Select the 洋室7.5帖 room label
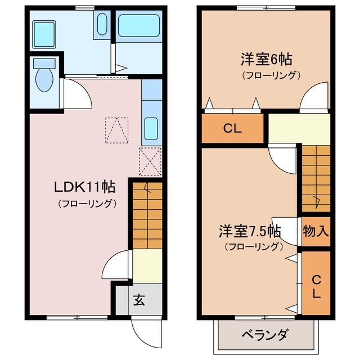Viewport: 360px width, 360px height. [250, 231]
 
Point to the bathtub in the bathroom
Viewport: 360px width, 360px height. [139, 26]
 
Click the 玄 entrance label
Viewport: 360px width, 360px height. [139, 300]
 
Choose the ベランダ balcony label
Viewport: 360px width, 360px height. [265, 336]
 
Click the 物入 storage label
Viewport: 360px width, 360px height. [316, 231]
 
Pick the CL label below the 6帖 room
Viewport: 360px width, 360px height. [232, 128]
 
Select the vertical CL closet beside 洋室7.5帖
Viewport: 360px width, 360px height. [316, 286]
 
